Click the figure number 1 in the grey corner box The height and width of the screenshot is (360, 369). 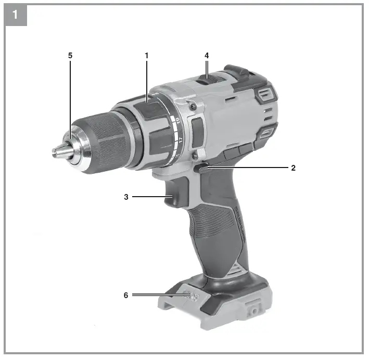pyautogui.click(x=15, y=15)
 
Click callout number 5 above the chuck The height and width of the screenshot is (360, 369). pyautogui.click(x=70, y=55)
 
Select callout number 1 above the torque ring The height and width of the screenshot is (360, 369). pyautogui.click(x=147, y=55)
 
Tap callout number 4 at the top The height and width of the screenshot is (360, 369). pyautogui.click(x=207, y=55)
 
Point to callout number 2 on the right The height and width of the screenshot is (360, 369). pyautogui.click(x=293, y=168)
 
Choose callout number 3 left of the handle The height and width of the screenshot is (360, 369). pyautogui.click(x=125, y=197)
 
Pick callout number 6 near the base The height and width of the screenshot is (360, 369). pyautogui.click(x=125, y=295)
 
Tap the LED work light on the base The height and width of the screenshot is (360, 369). pyautogui.click(x=194, y=297)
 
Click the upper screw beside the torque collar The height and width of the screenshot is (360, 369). pyautogui.click(x=193, y=107)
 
